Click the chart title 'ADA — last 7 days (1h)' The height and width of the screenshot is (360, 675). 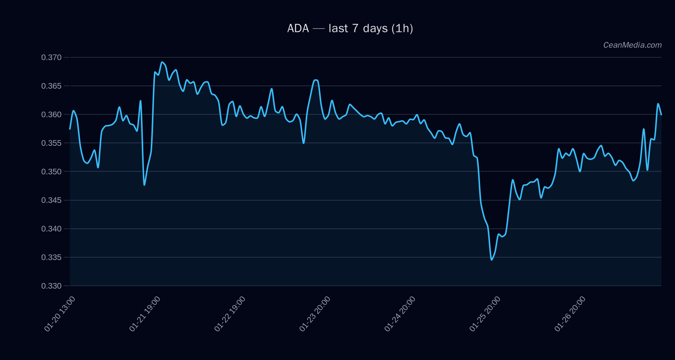click(x=350, y=28)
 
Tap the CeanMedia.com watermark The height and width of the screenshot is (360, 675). click(x=632, y=45)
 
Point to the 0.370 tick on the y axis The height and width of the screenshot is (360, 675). click(x=51, y=57)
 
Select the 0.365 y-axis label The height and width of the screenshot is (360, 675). click(x=51, y=86)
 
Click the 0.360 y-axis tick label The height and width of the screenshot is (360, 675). click(x=51, y=114)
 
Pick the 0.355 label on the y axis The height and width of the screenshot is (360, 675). click(x=51, y=143)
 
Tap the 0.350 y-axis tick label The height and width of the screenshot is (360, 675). click(x=51, y=171)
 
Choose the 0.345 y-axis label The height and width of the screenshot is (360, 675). click(x=51, y=200)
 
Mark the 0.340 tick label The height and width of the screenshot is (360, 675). click(x=51, y=229)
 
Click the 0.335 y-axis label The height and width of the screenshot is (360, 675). click(x=51, y=257)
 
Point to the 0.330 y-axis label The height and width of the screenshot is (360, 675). click(x=51, y=286)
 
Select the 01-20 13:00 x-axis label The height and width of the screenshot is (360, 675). click(x=60, y=314)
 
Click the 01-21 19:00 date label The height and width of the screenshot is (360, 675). click(x=145, y=314)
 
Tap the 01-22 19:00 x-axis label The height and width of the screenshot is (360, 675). click(x=230, y=314)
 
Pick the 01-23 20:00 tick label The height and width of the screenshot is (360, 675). click(x=315, y=314)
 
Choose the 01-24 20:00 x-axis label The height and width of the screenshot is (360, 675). click(x=400, y=314)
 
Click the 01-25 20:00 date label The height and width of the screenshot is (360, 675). click(x=485, y=314)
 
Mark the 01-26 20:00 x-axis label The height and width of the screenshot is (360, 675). click(x=570, y=314)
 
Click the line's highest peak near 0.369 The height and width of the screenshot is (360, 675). click(x=162, y=62)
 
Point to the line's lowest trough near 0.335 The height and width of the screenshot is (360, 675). click(x=492, y=259)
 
